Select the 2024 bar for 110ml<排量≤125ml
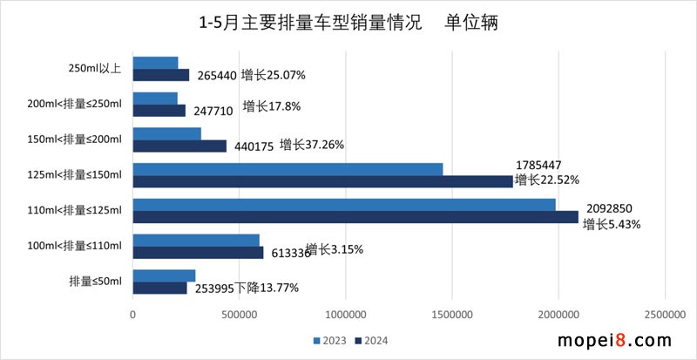click(x=355, y=216)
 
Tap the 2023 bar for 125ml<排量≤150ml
click(x=288, y=168)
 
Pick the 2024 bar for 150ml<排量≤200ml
click(x=179, y=146)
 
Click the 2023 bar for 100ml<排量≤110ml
click(x=196, y=240)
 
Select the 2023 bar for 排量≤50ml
click(x=164, y=275)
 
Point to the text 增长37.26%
click(x=312, y=146)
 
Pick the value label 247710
click(x=213, y=111)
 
